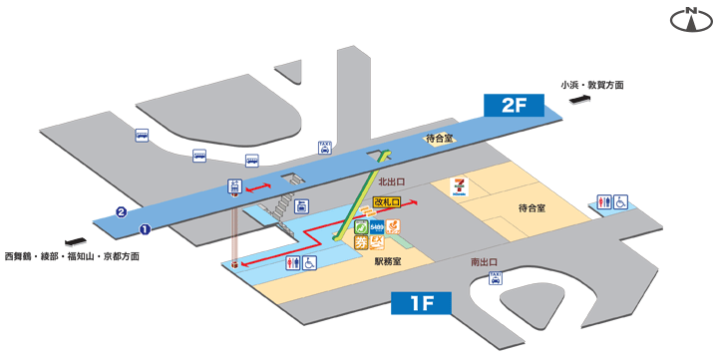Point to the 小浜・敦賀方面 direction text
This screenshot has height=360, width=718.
592,86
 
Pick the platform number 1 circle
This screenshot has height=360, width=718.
144,228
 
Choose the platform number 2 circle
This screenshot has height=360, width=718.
121,211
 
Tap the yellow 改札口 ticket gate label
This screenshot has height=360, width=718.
386,201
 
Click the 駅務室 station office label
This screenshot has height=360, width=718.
388,261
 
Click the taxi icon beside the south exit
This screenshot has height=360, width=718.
496,279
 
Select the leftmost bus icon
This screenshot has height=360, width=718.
143,137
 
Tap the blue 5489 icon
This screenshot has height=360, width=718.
378,227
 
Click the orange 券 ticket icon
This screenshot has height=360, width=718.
362,242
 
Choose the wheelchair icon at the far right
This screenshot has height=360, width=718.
619,201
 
